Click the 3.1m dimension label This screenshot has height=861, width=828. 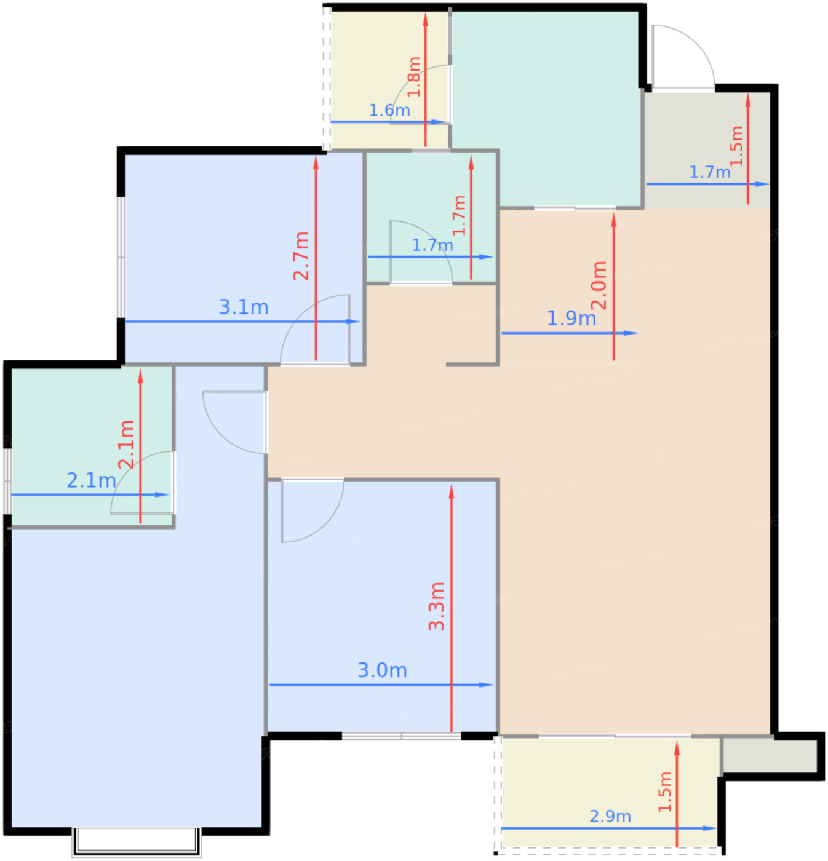click(244, 307)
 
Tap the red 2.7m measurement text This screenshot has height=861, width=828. click(301, 256)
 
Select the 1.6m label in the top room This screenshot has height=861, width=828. click(389, 110)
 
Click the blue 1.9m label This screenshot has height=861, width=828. click(571, 318)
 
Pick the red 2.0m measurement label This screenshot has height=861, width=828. click(599, 285)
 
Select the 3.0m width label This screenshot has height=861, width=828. click(382, 670)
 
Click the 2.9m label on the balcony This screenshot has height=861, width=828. click(610, 816)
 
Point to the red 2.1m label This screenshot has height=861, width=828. click(126, 444)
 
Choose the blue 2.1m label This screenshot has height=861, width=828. click(91, 480)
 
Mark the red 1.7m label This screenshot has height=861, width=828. click(460, 215)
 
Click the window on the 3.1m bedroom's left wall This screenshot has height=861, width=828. click(121, 257)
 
